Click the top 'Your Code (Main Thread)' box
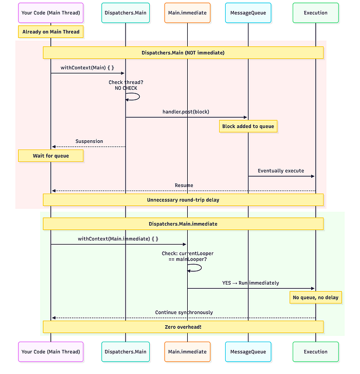(50, 13)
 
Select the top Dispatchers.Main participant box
(125, 13)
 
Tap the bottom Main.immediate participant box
(187, 352)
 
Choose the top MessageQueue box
(248, 13)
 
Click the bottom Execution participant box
(316, 352)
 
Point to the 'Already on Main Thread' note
(50, 32)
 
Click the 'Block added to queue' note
(248, 126)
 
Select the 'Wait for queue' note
(50, 156)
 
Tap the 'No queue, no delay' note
(316, 297)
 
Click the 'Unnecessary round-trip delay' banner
(183, 200)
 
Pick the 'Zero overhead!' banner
(183, 327)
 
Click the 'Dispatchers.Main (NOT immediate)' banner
(183, 53)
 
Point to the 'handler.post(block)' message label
(186, 111)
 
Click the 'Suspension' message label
(89, 141)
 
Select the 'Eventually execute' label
(281, 171)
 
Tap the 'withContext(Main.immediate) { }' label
(118, 239)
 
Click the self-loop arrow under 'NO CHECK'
(139, 97)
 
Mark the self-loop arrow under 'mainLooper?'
(201, 268)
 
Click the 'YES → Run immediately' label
(250, 283)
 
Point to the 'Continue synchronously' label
(184, 312)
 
